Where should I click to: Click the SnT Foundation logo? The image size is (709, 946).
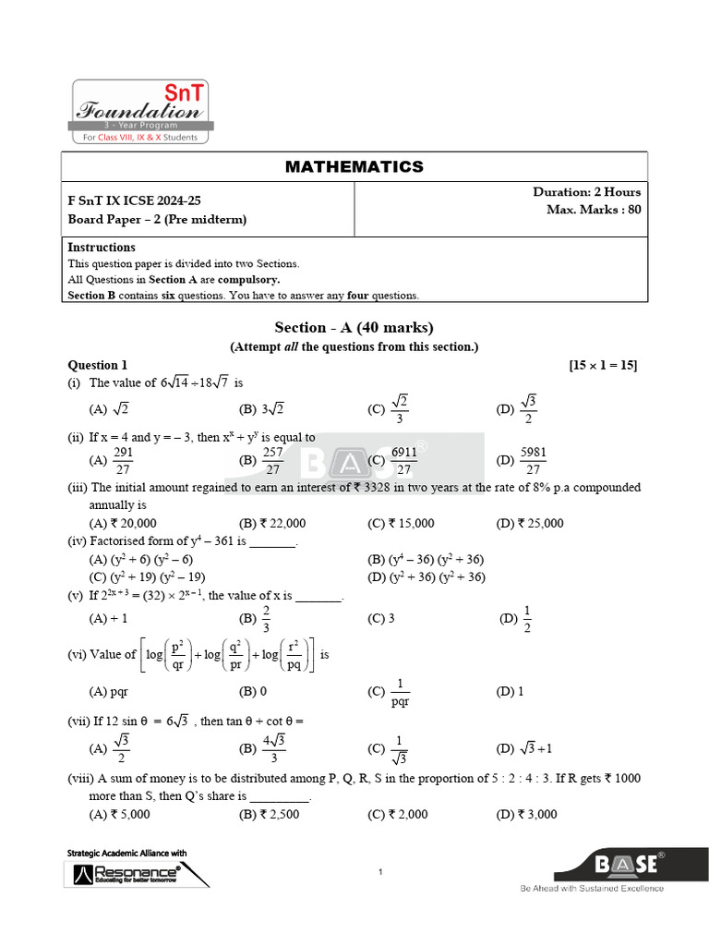coord(142,112)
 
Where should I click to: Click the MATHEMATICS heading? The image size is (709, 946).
coord(354,166)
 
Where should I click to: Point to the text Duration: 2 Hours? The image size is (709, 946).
coord(586,192)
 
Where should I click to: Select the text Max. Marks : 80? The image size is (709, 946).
coord(593,210)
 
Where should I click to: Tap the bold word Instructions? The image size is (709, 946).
coord(102,247)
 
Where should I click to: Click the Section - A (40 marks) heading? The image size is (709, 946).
coord(354,328)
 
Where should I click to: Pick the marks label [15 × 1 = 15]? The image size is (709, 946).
coord(604,365)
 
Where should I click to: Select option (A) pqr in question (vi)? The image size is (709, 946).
coord(108,691)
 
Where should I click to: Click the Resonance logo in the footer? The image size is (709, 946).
coord(126,872)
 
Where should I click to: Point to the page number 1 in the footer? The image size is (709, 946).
coord(380,871)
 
